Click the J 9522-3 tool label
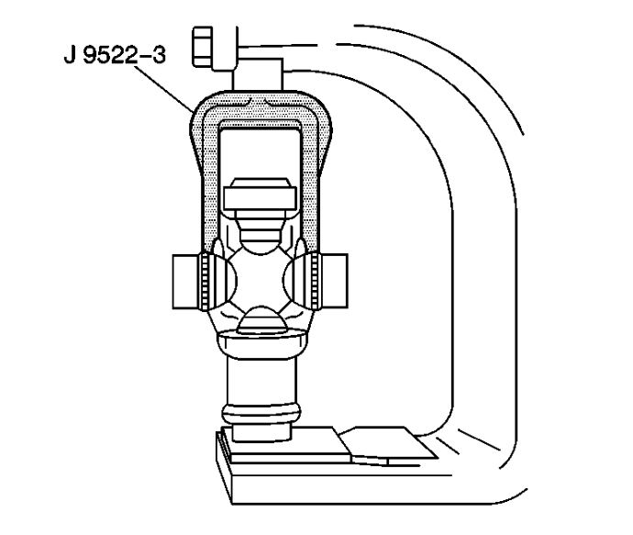115,55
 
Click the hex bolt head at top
202,47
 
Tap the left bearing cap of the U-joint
185,282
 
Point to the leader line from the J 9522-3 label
164,89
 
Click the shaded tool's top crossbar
261,107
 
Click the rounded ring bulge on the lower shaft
261,413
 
